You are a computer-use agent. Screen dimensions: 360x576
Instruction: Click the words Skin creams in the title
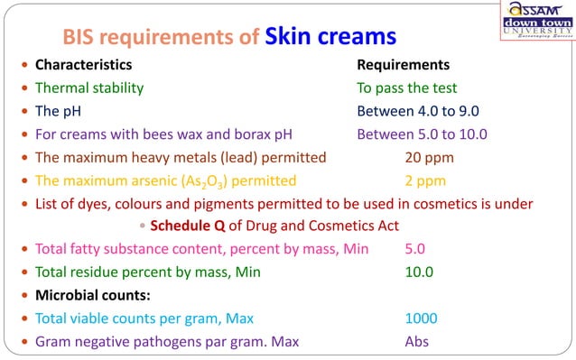tap(330, 37)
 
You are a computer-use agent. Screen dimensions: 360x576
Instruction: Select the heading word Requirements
tap(403, 65)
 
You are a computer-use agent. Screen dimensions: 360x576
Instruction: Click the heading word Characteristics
tap(83, 65)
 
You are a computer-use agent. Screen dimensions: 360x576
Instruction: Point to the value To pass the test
tap(406, 88)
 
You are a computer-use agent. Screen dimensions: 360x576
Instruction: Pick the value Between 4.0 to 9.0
tap(417, 111)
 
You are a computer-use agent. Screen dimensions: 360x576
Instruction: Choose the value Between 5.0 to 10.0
tap(422, 134)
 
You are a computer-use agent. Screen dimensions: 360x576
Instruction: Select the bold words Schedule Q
tap(188, 225)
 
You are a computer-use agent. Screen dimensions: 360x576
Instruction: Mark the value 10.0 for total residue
tap(419, 272)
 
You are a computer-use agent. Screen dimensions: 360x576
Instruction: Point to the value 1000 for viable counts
tap(421, 318)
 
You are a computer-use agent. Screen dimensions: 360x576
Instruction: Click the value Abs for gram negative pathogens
tap(416, 341)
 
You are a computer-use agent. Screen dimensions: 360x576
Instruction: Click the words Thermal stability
tap(88, 88)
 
